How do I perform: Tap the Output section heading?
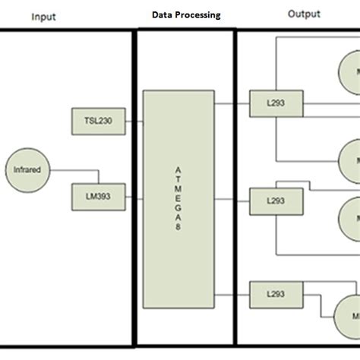(x=305, y=14)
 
